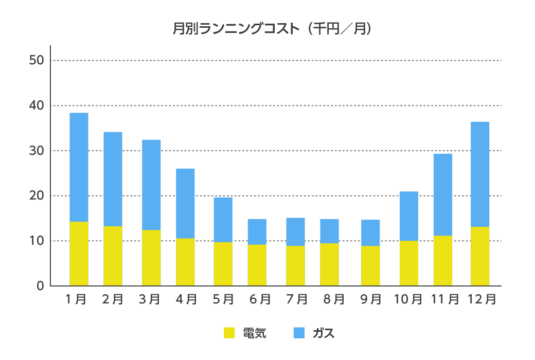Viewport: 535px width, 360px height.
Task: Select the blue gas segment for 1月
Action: [x=79, y=167]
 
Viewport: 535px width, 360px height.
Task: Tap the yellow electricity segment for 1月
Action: [x=79, y=254]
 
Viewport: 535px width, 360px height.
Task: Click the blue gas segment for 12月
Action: [x=480, y=174]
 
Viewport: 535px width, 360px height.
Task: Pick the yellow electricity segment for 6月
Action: [x=257, y=265]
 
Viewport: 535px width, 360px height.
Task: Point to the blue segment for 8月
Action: [x=329, y=231]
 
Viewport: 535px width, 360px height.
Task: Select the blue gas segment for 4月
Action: [x=185, y=203]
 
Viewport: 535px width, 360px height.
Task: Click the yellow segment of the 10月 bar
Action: [x=409, y=263]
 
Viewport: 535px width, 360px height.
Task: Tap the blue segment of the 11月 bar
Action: [x=443, y=194]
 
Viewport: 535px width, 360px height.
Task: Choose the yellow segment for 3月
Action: [x=151, y=258]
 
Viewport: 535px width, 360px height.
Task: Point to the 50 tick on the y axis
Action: [x=37, y=60]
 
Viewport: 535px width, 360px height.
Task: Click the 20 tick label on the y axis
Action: [x=37, y=196]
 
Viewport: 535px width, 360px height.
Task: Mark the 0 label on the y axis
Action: [x=40, y=286]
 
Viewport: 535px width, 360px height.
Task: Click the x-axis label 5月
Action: [x=223, y=299]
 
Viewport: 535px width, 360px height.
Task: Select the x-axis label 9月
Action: [x=370, y=299]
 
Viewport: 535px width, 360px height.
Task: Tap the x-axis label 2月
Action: [x=113, y=299]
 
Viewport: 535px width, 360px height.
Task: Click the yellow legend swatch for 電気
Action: [x=229, y=333]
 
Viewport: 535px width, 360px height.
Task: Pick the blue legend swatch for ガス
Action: [x=299, y=333]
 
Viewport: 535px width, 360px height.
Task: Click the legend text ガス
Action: [x=324, y=333]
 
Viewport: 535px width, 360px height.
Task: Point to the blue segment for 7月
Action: [x=295, y=231]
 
